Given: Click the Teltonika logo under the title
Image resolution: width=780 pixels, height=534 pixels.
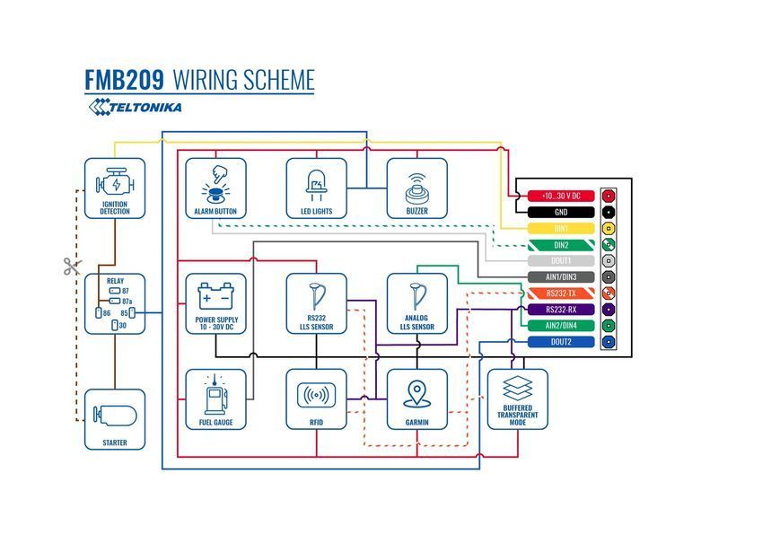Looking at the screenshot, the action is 135,107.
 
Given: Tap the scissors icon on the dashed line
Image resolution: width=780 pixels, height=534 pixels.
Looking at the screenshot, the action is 72,266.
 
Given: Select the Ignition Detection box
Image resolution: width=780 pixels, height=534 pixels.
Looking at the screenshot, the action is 115,188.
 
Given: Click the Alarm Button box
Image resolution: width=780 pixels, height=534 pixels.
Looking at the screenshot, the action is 216,188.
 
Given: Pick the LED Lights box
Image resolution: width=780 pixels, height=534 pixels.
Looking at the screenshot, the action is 316,188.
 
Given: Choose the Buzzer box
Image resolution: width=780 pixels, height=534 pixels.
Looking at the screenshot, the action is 416,188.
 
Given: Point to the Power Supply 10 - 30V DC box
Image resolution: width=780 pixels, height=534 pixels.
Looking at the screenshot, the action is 216,303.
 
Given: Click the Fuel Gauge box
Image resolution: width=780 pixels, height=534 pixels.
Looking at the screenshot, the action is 216,399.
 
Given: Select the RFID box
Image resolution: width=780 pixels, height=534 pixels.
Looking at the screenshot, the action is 316,399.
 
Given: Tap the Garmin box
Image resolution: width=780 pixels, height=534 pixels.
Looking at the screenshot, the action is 416,399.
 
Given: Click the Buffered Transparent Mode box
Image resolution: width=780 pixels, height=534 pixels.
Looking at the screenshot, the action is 518,399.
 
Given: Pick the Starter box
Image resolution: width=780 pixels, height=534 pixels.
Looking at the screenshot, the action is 115,420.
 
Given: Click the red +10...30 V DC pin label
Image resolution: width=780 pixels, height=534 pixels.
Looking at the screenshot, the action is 561,196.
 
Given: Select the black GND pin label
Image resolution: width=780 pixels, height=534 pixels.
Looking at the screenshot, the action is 561,213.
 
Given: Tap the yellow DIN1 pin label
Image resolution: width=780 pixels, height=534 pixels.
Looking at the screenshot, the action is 561,229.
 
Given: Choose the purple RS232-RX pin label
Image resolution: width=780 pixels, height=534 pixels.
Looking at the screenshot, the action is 561,310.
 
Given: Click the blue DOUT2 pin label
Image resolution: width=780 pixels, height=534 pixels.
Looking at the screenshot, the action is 561,342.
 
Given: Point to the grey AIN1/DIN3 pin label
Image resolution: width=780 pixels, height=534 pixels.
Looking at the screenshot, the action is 561,277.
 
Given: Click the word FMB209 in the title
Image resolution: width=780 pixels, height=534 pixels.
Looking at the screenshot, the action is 125,80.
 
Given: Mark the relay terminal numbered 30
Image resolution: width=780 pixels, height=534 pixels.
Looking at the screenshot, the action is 118,325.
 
